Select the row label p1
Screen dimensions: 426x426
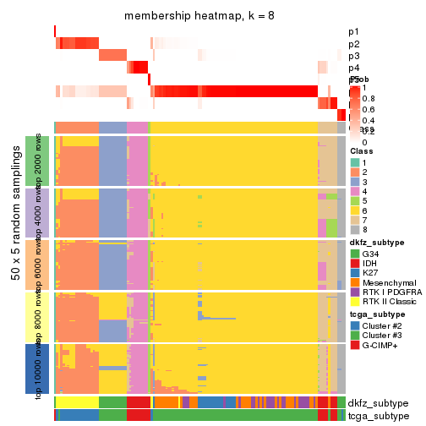click(x=353, y=32)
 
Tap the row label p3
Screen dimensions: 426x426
click(x=353, y=56)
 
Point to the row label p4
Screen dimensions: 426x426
click(x=353, y=68)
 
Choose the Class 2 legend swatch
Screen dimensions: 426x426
click(x=355, y=172)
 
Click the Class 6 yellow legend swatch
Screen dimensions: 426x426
click(x=355, y=211)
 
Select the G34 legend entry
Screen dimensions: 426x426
click(x=355, y=254)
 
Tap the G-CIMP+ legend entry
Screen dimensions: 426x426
click(x=355, y=345)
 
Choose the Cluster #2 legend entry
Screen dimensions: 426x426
click(x=355, y=325)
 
